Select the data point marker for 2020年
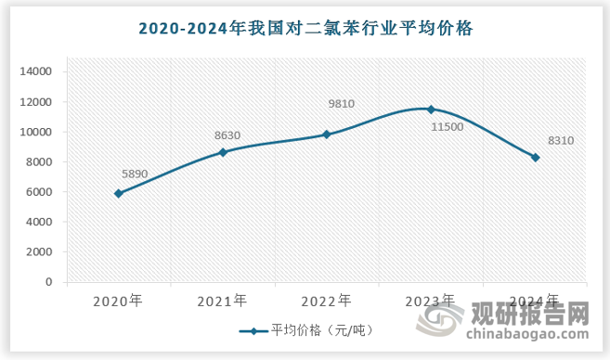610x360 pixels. [x=118, y=193]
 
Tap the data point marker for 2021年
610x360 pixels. [x=223, y=151]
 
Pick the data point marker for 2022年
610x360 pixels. [x=327, y=134]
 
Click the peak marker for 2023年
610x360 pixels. [x=431, y=109]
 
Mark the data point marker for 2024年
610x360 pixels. [x=536, y=157]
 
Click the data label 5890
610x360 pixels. [x=136, y=174]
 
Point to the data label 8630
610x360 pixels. [x=227, y=135]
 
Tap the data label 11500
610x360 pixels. [x=448, y=125]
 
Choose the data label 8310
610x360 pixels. [x=554, y=141]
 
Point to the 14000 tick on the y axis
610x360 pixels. [x=39, y=71]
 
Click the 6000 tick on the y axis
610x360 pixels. [x=42, y=192]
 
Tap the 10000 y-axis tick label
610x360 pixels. [x=39, y=132]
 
